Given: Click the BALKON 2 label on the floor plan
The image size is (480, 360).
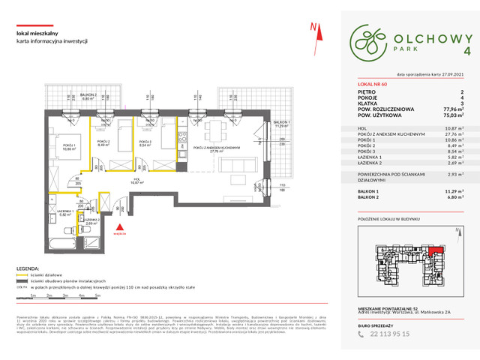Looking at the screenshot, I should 89,95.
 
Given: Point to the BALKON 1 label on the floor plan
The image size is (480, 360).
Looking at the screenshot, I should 281,124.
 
